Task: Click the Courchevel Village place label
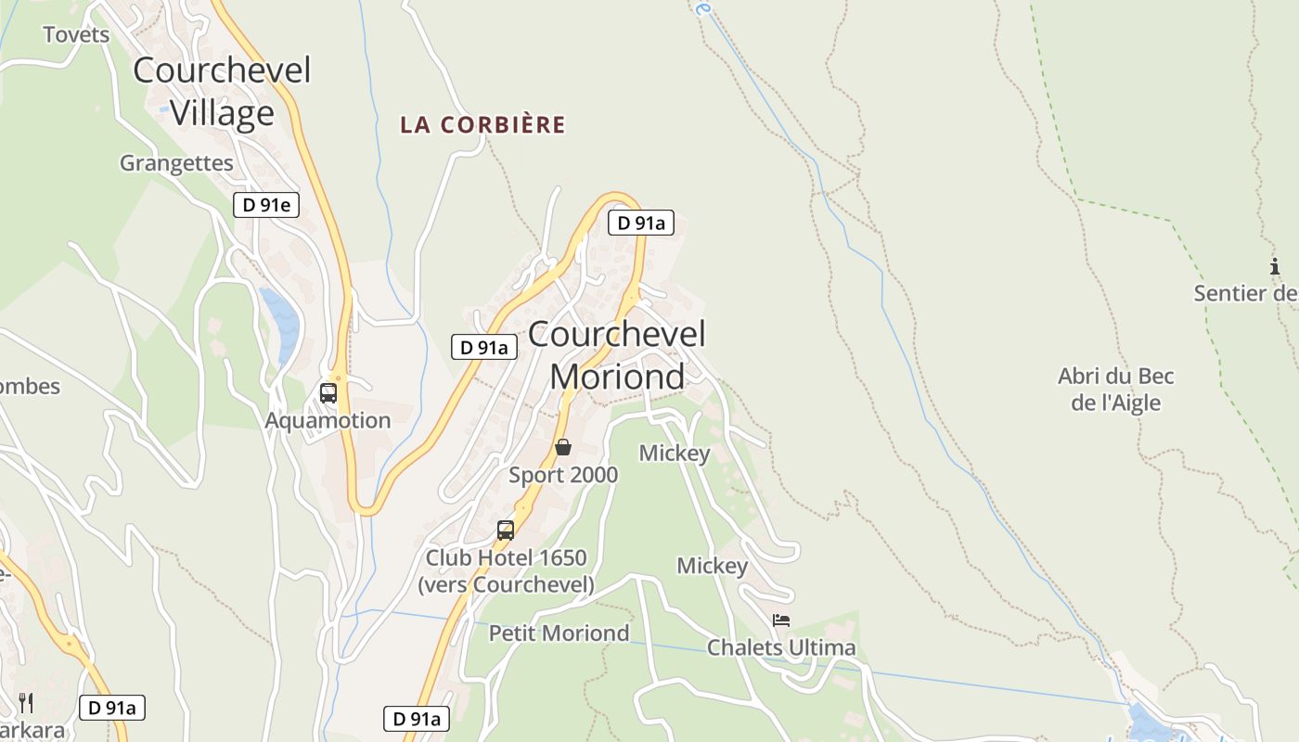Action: (x=222, y=91)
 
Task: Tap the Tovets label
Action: (x=76, y=35)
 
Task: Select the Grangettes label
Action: (x=176, y=163)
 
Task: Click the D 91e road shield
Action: (x=266, y=205)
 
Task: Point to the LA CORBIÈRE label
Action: (x=482, y=125)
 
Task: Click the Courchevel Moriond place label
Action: (x=617, y=354)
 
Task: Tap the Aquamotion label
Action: (x=328, y=420)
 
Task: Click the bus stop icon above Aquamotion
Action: (x=328, y=392)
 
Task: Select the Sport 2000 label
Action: (x=563, y=475)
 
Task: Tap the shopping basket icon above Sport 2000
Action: (x=563, y=447)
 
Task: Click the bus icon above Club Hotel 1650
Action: (x=506, y=531)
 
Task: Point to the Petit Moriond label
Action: (x=559, y=633)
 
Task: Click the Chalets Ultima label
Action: (x=781, y=647)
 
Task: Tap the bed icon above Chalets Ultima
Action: (x=781, y=620)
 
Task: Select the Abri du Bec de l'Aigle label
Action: (x=1116, y=390)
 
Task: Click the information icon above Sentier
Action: (x=1275, y=267)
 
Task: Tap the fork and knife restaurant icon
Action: (x=26, y=702)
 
